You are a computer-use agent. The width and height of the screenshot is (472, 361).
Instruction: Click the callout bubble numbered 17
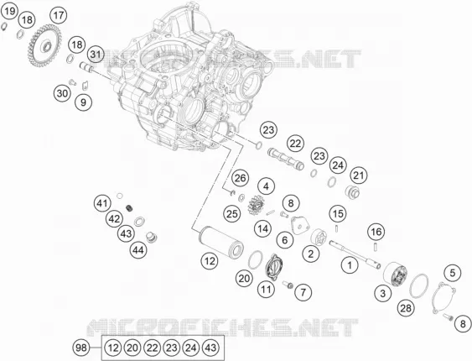click(59, 15)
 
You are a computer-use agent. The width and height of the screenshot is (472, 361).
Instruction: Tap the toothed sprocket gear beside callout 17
click(44, 46)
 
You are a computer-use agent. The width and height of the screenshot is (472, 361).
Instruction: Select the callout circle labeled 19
click(9, 12)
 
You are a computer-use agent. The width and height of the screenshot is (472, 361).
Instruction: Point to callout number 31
click(96, 55)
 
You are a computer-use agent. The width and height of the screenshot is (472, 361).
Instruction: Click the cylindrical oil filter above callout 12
click(221, 242)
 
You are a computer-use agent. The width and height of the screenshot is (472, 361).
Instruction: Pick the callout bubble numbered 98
click(81, 348)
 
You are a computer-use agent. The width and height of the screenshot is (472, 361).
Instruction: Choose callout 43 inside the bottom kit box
click(210, 348)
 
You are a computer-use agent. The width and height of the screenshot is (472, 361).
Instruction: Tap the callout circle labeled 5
click(453, 273)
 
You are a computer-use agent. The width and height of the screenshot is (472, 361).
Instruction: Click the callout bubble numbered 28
click(406, 308)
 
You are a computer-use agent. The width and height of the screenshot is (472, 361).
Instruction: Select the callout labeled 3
click(383, 293)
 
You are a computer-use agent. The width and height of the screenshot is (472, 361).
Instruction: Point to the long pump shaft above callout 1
click(355, 254)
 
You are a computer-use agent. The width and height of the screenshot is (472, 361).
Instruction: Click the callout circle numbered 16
click(376, 232)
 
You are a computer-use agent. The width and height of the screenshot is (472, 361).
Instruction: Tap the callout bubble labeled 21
click(359, 175)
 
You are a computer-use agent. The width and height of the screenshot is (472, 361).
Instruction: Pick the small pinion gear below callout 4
click(256, 205)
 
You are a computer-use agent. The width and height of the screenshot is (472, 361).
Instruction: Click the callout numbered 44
click(138, 250)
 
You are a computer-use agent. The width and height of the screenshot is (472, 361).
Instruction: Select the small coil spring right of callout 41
click(129, 208)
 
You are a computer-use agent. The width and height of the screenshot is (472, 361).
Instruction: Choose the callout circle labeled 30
click(62, 93)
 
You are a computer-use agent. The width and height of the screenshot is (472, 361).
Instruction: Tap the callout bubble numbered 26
click(241, 178)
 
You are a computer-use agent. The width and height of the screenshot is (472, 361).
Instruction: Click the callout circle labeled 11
click(266, 290)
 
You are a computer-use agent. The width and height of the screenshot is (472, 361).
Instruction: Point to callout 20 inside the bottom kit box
click(132, 348)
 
